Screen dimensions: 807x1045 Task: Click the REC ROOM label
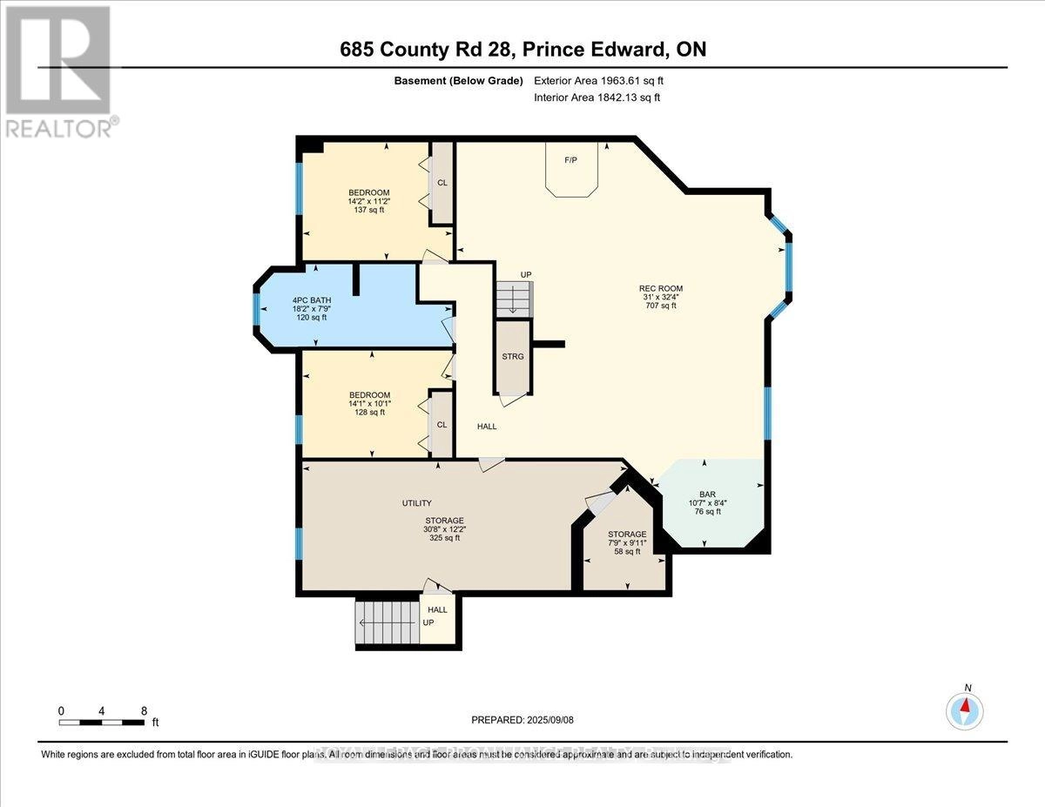point(660,289)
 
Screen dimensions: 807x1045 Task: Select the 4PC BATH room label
point(310,300)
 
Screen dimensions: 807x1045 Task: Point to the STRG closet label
point(512,356)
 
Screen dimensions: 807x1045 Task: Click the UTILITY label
point(416,503)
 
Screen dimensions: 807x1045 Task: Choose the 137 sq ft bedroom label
point(368,201)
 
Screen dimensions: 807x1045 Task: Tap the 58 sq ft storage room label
point(627,542)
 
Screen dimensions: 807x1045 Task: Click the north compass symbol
point(965,709)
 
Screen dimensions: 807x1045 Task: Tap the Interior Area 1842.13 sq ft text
point(597,98)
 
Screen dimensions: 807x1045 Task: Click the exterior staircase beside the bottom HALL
point(387,621)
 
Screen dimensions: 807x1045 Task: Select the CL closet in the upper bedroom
point(442,183)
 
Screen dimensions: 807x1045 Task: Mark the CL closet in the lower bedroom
point(442,424)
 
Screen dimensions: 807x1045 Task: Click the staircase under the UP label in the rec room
point(512,300)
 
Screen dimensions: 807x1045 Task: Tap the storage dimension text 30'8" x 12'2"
point(437,528)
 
